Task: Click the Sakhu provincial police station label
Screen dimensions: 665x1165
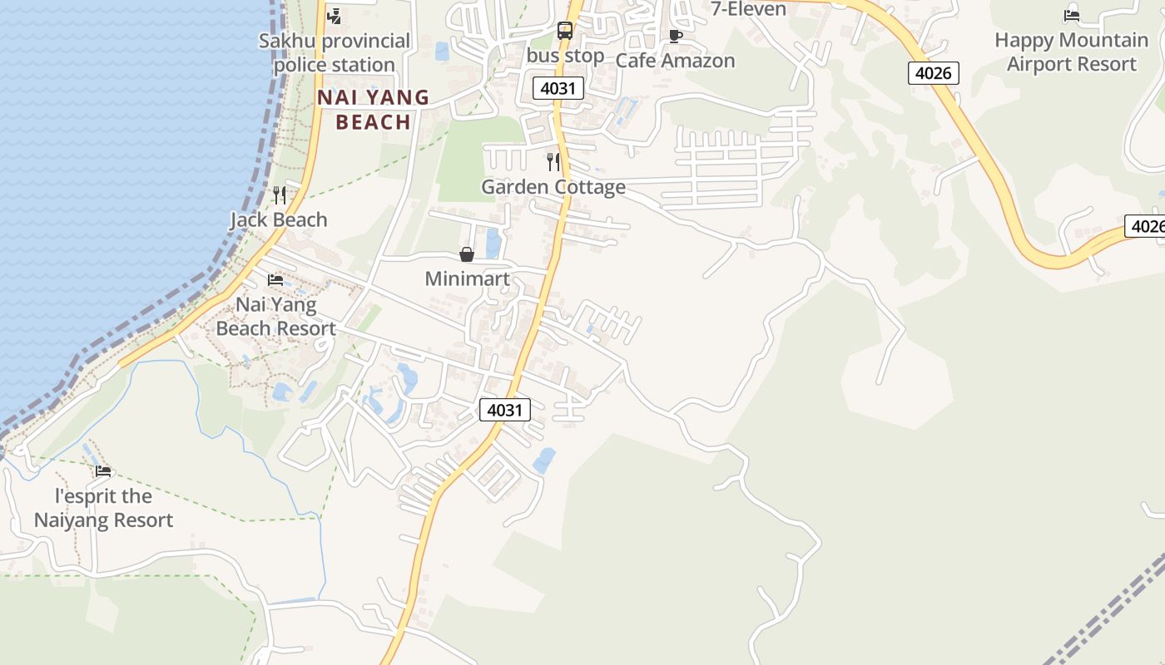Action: (x=335, y=52)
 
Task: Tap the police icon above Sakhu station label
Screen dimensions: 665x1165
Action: (x=335, y=15)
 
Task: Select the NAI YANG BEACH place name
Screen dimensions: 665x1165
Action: (x=373, y=110)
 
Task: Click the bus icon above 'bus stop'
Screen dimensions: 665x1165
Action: (x=565, y=31)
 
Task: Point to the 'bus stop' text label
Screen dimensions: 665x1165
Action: (x=566, y=56)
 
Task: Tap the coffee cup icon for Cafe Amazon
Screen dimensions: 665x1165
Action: (x=676, y=36)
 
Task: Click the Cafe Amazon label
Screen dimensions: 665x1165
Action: (x=675, y=61)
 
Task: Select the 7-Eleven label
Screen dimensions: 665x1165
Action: (x=748, y=9)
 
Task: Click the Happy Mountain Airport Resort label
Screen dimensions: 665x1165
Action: (x=1071, y=52)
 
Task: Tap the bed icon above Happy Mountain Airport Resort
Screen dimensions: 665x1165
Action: (x=1072, y=15)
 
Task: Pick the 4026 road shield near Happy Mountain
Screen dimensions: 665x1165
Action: (x=933, y=73)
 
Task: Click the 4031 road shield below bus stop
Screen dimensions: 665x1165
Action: (x=558, y=87)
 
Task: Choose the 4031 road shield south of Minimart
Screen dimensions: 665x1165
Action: (x=505, y=409)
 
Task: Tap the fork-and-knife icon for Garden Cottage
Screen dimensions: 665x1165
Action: (x=553, y=161)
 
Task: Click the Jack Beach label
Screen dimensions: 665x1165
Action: (x=279, y=219)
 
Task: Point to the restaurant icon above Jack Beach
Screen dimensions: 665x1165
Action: (x=280, y=195)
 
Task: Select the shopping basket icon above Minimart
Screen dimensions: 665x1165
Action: (x=467, y=254)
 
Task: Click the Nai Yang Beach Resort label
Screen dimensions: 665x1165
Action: (x=276, y=316)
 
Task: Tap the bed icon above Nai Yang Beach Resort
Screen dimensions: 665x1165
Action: (x=275, y=280)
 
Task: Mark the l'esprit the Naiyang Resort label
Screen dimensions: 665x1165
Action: (x=103, y=508)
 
